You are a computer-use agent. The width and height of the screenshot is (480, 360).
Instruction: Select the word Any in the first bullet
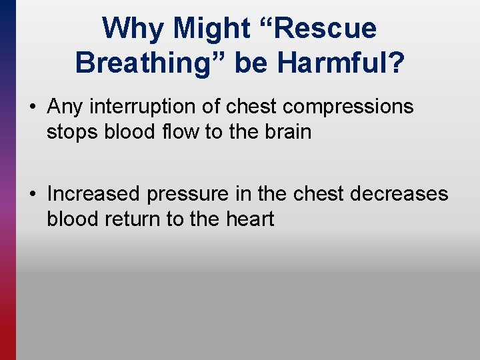pyautogui.click(x=65, y=107)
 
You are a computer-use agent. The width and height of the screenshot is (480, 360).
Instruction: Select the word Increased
pyautogui.click(x=94, y=194)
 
